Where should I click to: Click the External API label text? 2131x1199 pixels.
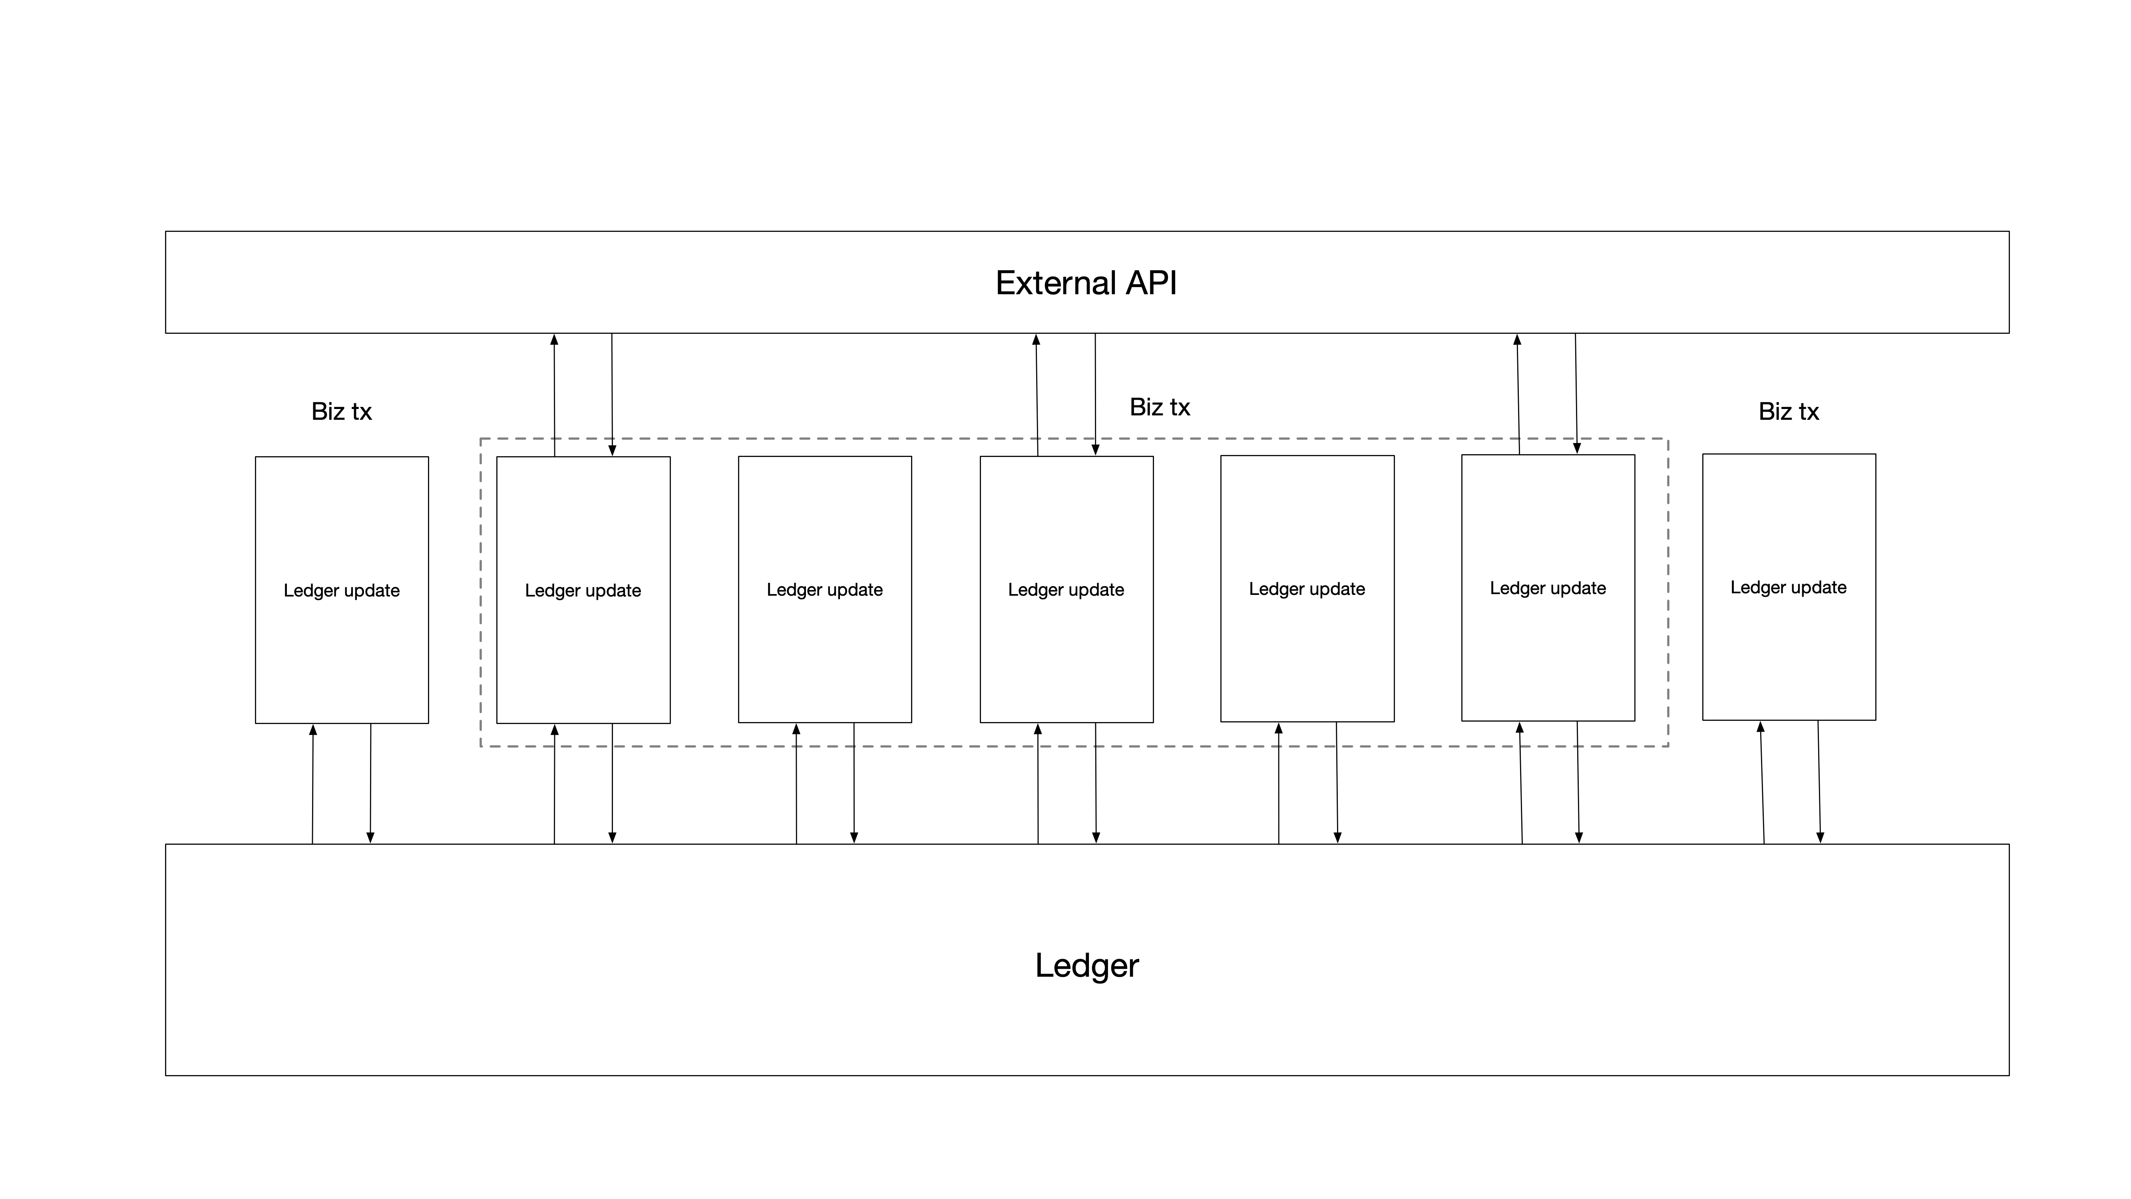1085,283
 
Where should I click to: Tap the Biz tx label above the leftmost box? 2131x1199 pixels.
341,411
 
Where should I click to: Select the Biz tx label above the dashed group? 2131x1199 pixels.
1159,407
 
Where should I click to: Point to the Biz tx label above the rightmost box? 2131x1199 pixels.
1788,411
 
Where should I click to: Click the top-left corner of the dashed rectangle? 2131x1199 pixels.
481,439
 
